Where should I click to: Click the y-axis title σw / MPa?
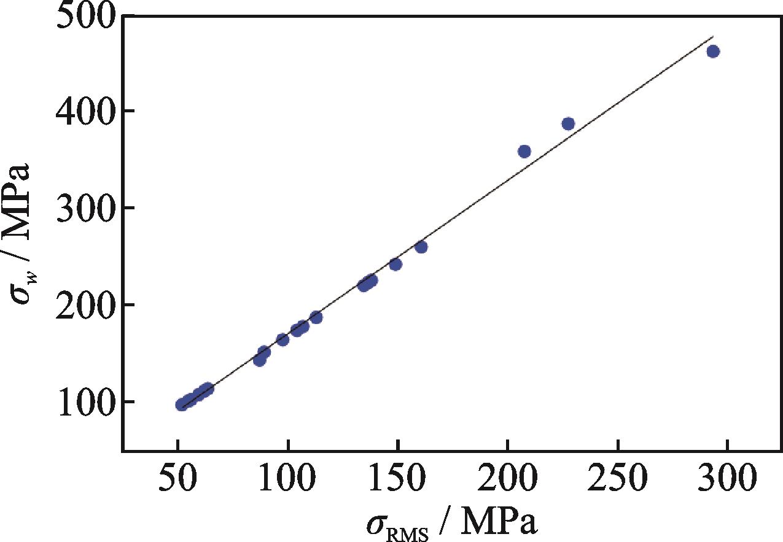point(23,236)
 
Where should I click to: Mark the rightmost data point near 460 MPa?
point(713,52)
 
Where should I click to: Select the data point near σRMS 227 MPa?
point(568,124)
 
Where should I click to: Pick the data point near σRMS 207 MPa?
point(524,152)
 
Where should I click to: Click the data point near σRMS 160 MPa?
point(421,247)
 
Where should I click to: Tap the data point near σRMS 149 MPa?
point(395,265)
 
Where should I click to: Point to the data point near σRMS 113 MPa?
point(316,317)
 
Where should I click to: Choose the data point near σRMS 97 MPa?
point(282,339)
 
